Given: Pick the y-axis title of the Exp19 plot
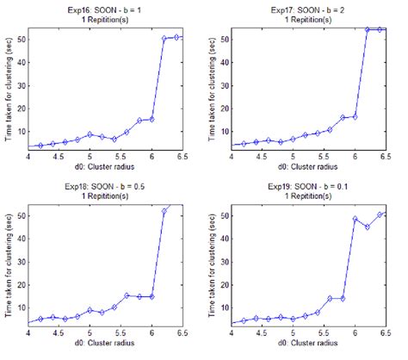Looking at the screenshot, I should point(213,264).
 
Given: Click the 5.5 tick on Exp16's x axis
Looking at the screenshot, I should point(127,157).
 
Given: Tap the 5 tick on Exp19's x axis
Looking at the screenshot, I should point(293,335).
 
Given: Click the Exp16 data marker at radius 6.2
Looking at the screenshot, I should point(164,39).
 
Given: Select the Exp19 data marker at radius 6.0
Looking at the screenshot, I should point(355,219).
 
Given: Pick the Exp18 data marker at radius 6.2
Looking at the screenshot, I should point(164,211).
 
